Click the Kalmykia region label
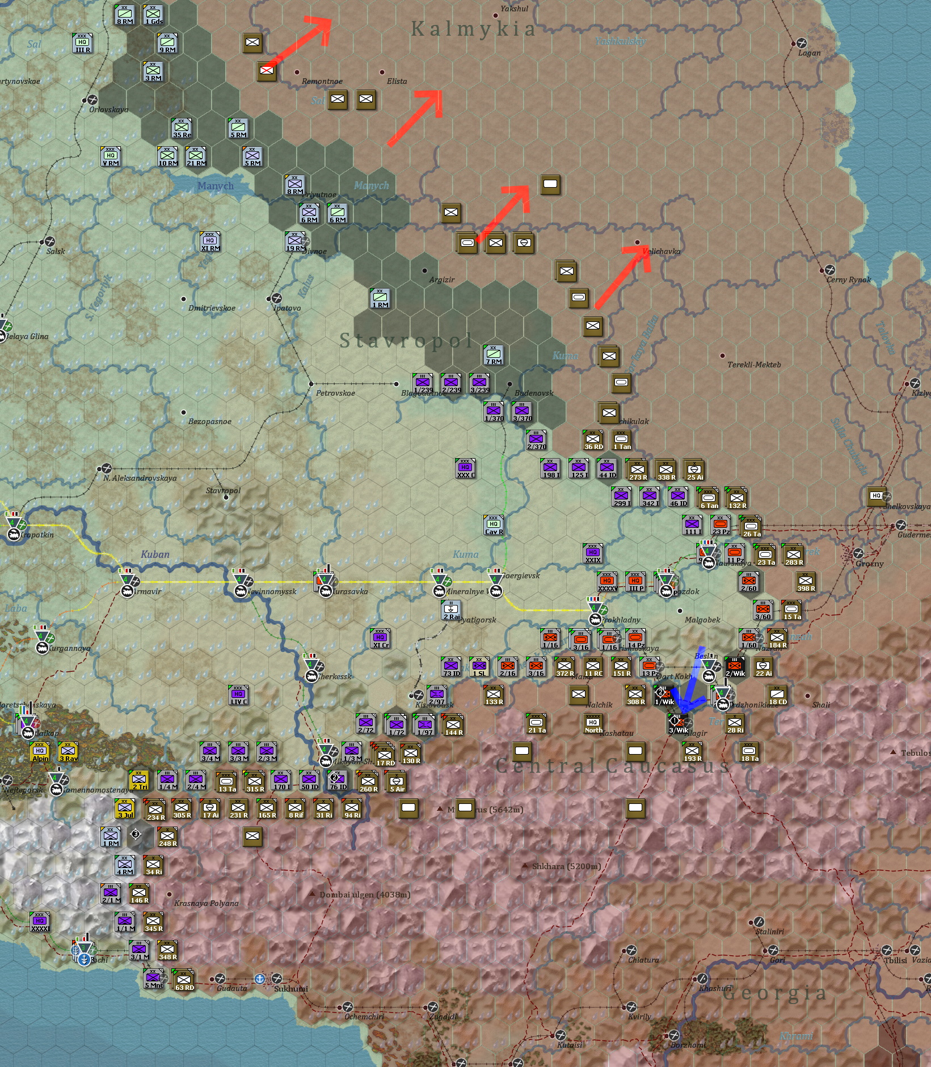coord(473,28)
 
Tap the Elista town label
coord(397,81)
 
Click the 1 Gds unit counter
coord(153,15)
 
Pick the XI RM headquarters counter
coord(210,242)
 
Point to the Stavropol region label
coord(406,340)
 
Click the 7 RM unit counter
coord(494,355)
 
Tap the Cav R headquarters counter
coord(494,525)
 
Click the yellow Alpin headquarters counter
coord(40,752)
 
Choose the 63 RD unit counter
coord(184,980)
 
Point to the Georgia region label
coord(774,993)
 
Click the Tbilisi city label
coord(895,960)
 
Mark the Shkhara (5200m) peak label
coord(566,866)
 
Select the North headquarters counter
coord(593,723)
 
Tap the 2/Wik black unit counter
coord(735,667)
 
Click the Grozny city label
coord(870,564)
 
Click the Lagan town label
coord(809,53)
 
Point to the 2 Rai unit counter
coord(451,610)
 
